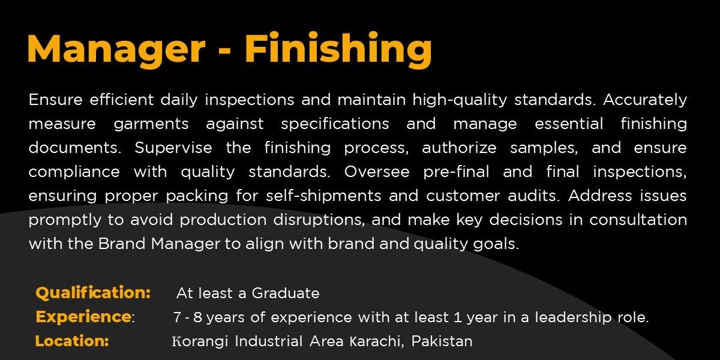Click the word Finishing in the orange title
click(338, 50)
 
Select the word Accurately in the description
click(645, 100)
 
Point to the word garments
click(151, 124)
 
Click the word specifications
click(335, 124)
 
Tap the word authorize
click(460, 148)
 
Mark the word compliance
click(74, 172)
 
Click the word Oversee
click(377, 172)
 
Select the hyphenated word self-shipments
click(323, 196)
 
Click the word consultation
click(638, 220)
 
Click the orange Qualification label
click(93, 293)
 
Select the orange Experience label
click(83, 317)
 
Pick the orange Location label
click(72, 341)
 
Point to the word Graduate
click(286, 293)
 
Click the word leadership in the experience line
click(573, 318)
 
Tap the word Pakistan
click(442, 341)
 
